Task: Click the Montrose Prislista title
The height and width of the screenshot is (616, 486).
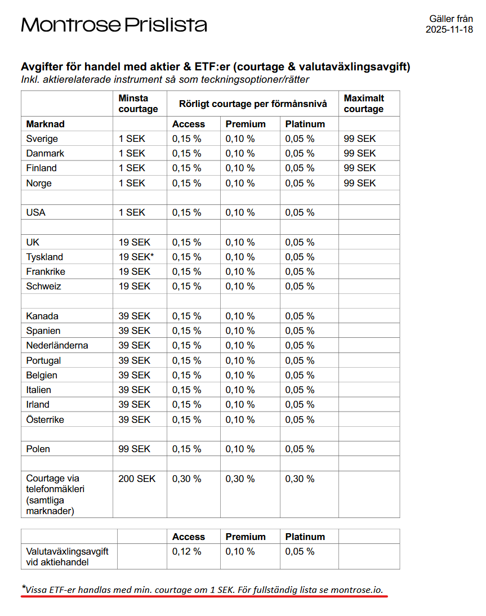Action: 114,25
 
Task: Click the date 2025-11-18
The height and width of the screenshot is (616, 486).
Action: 449,29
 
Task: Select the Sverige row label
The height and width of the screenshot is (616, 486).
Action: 42,139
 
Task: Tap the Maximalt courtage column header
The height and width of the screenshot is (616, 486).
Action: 364,104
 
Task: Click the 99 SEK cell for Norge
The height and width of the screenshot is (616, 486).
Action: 360,183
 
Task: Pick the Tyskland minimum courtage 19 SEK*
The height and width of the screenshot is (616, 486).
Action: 136,257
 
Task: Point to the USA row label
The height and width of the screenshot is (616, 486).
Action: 36,212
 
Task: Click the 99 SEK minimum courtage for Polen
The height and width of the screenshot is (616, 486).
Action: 135,449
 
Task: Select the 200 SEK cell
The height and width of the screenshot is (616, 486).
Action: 137,479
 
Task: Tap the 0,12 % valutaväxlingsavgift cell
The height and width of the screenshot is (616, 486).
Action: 187,551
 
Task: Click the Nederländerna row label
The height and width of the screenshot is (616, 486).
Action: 57,345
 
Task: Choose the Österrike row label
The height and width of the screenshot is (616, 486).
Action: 45,419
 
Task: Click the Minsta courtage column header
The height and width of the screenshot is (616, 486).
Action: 138,104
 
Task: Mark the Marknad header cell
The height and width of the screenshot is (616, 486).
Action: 46,124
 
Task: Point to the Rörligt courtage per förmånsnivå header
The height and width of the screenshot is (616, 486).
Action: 253,104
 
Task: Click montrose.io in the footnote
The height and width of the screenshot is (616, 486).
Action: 356,590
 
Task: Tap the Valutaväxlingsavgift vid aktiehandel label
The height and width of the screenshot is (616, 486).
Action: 67,556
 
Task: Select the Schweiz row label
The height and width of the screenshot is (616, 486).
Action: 44,286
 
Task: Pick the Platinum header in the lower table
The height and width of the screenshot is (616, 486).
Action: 305,537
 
